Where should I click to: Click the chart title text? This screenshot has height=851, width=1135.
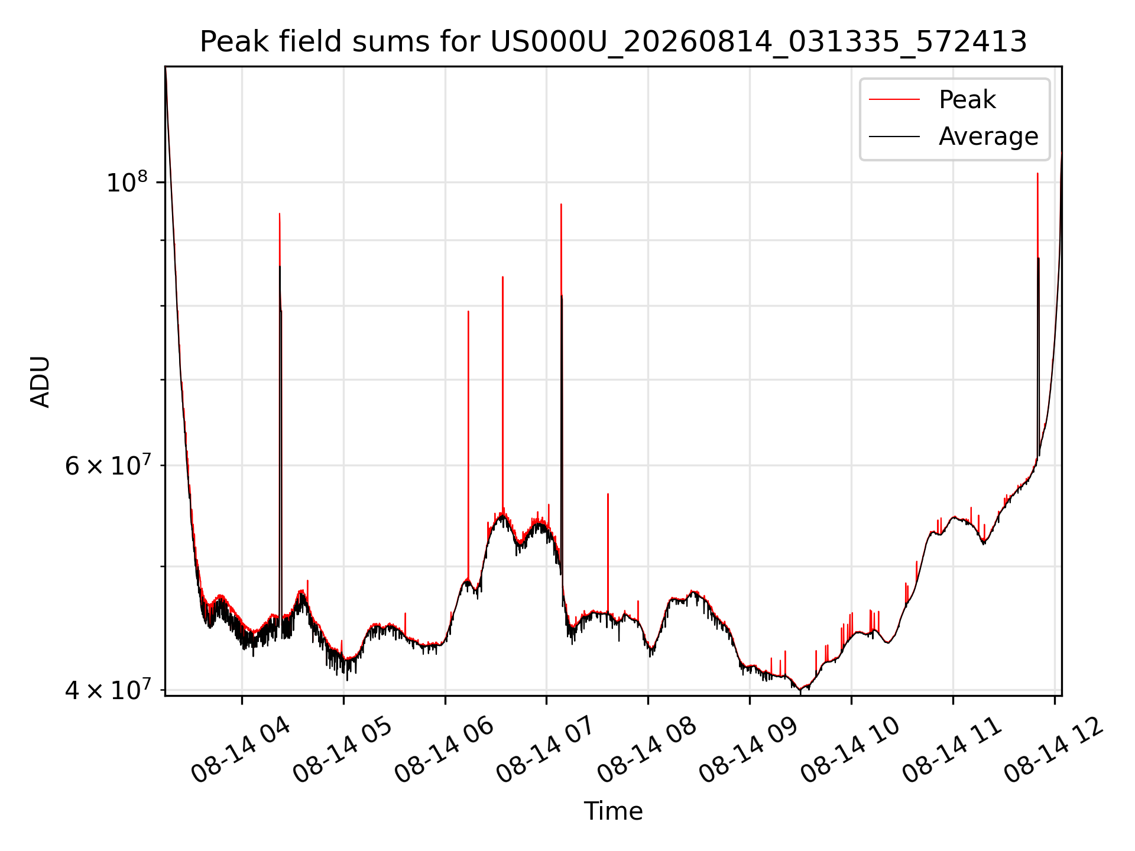(613, 42)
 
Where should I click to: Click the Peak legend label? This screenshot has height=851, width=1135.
(967, 100)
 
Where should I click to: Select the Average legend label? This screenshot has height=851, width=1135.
(988, 137)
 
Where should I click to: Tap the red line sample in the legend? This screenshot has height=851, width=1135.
(894, 100)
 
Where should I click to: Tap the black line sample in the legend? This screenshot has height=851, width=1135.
(894, 137)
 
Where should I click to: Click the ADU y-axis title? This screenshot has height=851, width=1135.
(40, 381)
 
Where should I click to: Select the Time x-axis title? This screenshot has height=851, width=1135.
(613, 811)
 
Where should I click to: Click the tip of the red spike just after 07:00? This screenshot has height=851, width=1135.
(561, 204)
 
